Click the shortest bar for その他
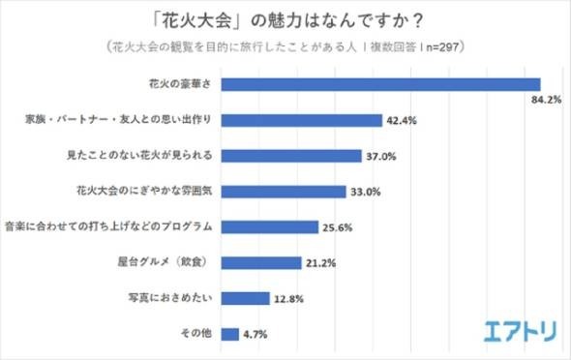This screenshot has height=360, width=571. [229, 334]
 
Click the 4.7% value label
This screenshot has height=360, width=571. [255, 335]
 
